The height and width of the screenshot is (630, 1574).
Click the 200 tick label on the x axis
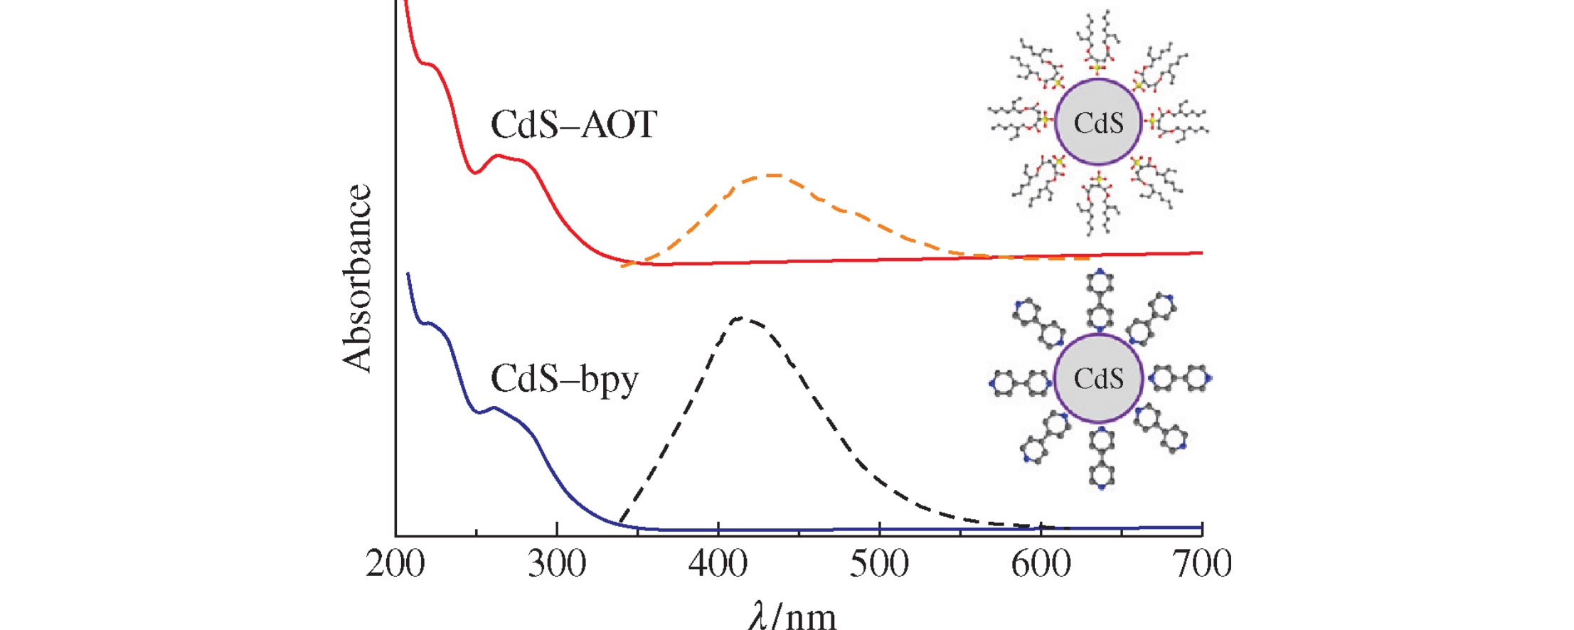pyautogui.click(x=395, y=564)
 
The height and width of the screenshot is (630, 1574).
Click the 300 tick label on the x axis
pyautogui.click(x=557, y=564)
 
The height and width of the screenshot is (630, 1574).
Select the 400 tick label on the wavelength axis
pyautogui.click(x=718, y=564)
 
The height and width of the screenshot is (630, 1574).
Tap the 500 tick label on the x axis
pyautogui.click(x=880, y=564)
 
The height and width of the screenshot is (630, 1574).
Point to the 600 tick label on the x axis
pyautogui.click(x=1041, y=564)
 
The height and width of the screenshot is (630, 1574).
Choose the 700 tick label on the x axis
pyautogui.click(x=1203, y=564)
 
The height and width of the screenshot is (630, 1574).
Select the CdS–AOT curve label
pyautogui.click(x=574, y=125)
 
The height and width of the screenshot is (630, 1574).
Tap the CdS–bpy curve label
pyautogui.click(x=565, y=379)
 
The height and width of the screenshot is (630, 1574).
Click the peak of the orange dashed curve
pyautogui.click(x=772, y=174)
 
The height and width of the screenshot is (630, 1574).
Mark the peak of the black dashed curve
pyautogui.click(x=741, y=317)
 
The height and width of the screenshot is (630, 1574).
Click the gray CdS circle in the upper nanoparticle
pyautogui.click(x=1098, y=122)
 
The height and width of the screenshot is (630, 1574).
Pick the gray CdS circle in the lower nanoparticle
pyautogui.click(x=1098, y=378)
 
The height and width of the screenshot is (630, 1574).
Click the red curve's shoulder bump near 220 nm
pyautogui.click(x=428, y=64)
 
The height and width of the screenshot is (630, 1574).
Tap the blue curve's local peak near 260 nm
pyautogui.click(x=493, y=407)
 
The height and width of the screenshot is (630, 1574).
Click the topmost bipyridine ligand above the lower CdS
pyautogui.click(x=1100, y=299)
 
